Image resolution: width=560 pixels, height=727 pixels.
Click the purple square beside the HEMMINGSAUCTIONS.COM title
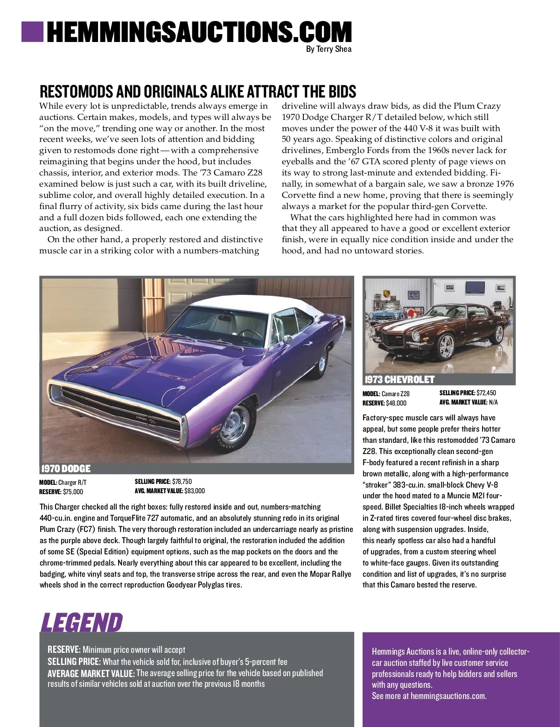pyautogui.click(x=32, y=31)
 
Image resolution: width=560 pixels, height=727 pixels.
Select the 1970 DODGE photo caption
pyautogui.click(x=66, y=468)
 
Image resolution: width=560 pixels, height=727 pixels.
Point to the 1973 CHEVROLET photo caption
pyautogui.click(x=399, y=380)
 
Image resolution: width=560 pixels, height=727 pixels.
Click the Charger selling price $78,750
pyautogui.click(x=182, y=482)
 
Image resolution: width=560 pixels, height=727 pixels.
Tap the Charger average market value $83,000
pyautogui.click(x=195, y=491)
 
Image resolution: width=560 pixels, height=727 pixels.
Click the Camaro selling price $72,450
pyautogui.click(x=486, y=393)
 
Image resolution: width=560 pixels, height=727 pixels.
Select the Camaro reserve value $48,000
pyautogui.click(x=396, y=403)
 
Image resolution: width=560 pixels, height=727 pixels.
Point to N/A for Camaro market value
pyautogui.click(x=493, y=402)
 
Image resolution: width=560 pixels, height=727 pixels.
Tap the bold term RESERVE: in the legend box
pyautogui.click(x=64, y=650)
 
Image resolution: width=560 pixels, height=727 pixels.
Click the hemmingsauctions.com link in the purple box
pyautogui.click(x=448, y=696)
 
